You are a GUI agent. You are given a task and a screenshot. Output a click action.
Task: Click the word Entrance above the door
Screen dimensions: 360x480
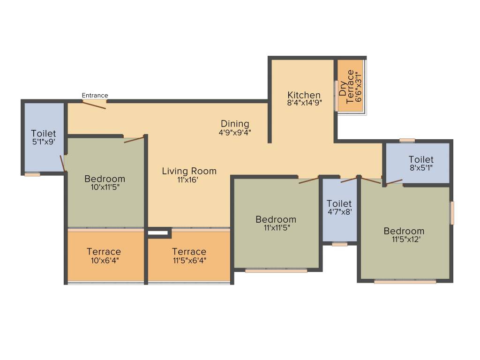(x=95, y=96)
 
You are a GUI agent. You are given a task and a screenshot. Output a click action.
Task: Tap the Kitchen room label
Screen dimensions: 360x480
(x=304, y=95)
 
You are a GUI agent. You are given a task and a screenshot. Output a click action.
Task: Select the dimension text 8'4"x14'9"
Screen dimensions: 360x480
(x=304, y=104)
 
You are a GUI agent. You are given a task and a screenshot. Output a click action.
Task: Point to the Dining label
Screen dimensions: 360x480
(x=235, y=124)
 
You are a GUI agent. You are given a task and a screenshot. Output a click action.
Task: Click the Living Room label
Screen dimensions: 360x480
(x=189, y=171)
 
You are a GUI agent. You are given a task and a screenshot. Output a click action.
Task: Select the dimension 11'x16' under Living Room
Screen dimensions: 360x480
(x=189, y=180)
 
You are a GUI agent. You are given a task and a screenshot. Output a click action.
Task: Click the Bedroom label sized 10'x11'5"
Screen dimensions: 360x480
(x=105, y=179)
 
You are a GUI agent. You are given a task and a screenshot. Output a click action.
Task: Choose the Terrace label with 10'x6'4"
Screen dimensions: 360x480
(x=104, y=252)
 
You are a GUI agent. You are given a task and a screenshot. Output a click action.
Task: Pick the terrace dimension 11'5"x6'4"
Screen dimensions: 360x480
(x=189, y=260)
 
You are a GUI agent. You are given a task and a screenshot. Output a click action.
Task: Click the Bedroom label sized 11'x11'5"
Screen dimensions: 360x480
(x=276, y=219)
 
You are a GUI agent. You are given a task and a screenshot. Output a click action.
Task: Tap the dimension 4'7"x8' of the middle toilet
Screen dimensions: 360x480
(x=339, y=212)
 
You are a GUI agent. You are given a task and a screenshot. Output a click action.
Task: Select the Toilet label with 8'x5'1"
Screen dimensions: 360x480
(x=421, y=159)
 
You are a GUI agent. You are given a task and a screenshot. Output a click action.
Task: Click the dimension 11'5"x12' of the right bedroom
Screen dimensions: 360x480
(x=404, y=239)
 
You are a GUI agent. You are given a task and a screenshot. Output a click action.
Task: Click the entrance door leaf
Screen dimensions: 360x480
(x=94, y=105)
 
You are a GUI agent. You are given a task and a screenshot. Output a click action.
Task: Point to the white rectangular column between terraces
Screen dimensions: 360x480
(x=158, y=232)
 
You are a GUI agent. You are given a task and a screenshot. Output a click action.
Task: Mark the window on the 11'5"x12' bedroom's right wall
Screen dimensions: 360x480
(x=452, y=213)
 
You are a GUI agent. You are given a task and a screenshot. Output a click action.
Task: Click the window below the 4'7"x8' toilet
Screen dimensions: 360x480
(x=340, y=244)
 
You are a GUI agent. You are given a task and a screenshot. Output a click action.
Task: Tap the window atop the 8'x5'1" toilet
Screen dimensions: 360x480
(x=407, y=140)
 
